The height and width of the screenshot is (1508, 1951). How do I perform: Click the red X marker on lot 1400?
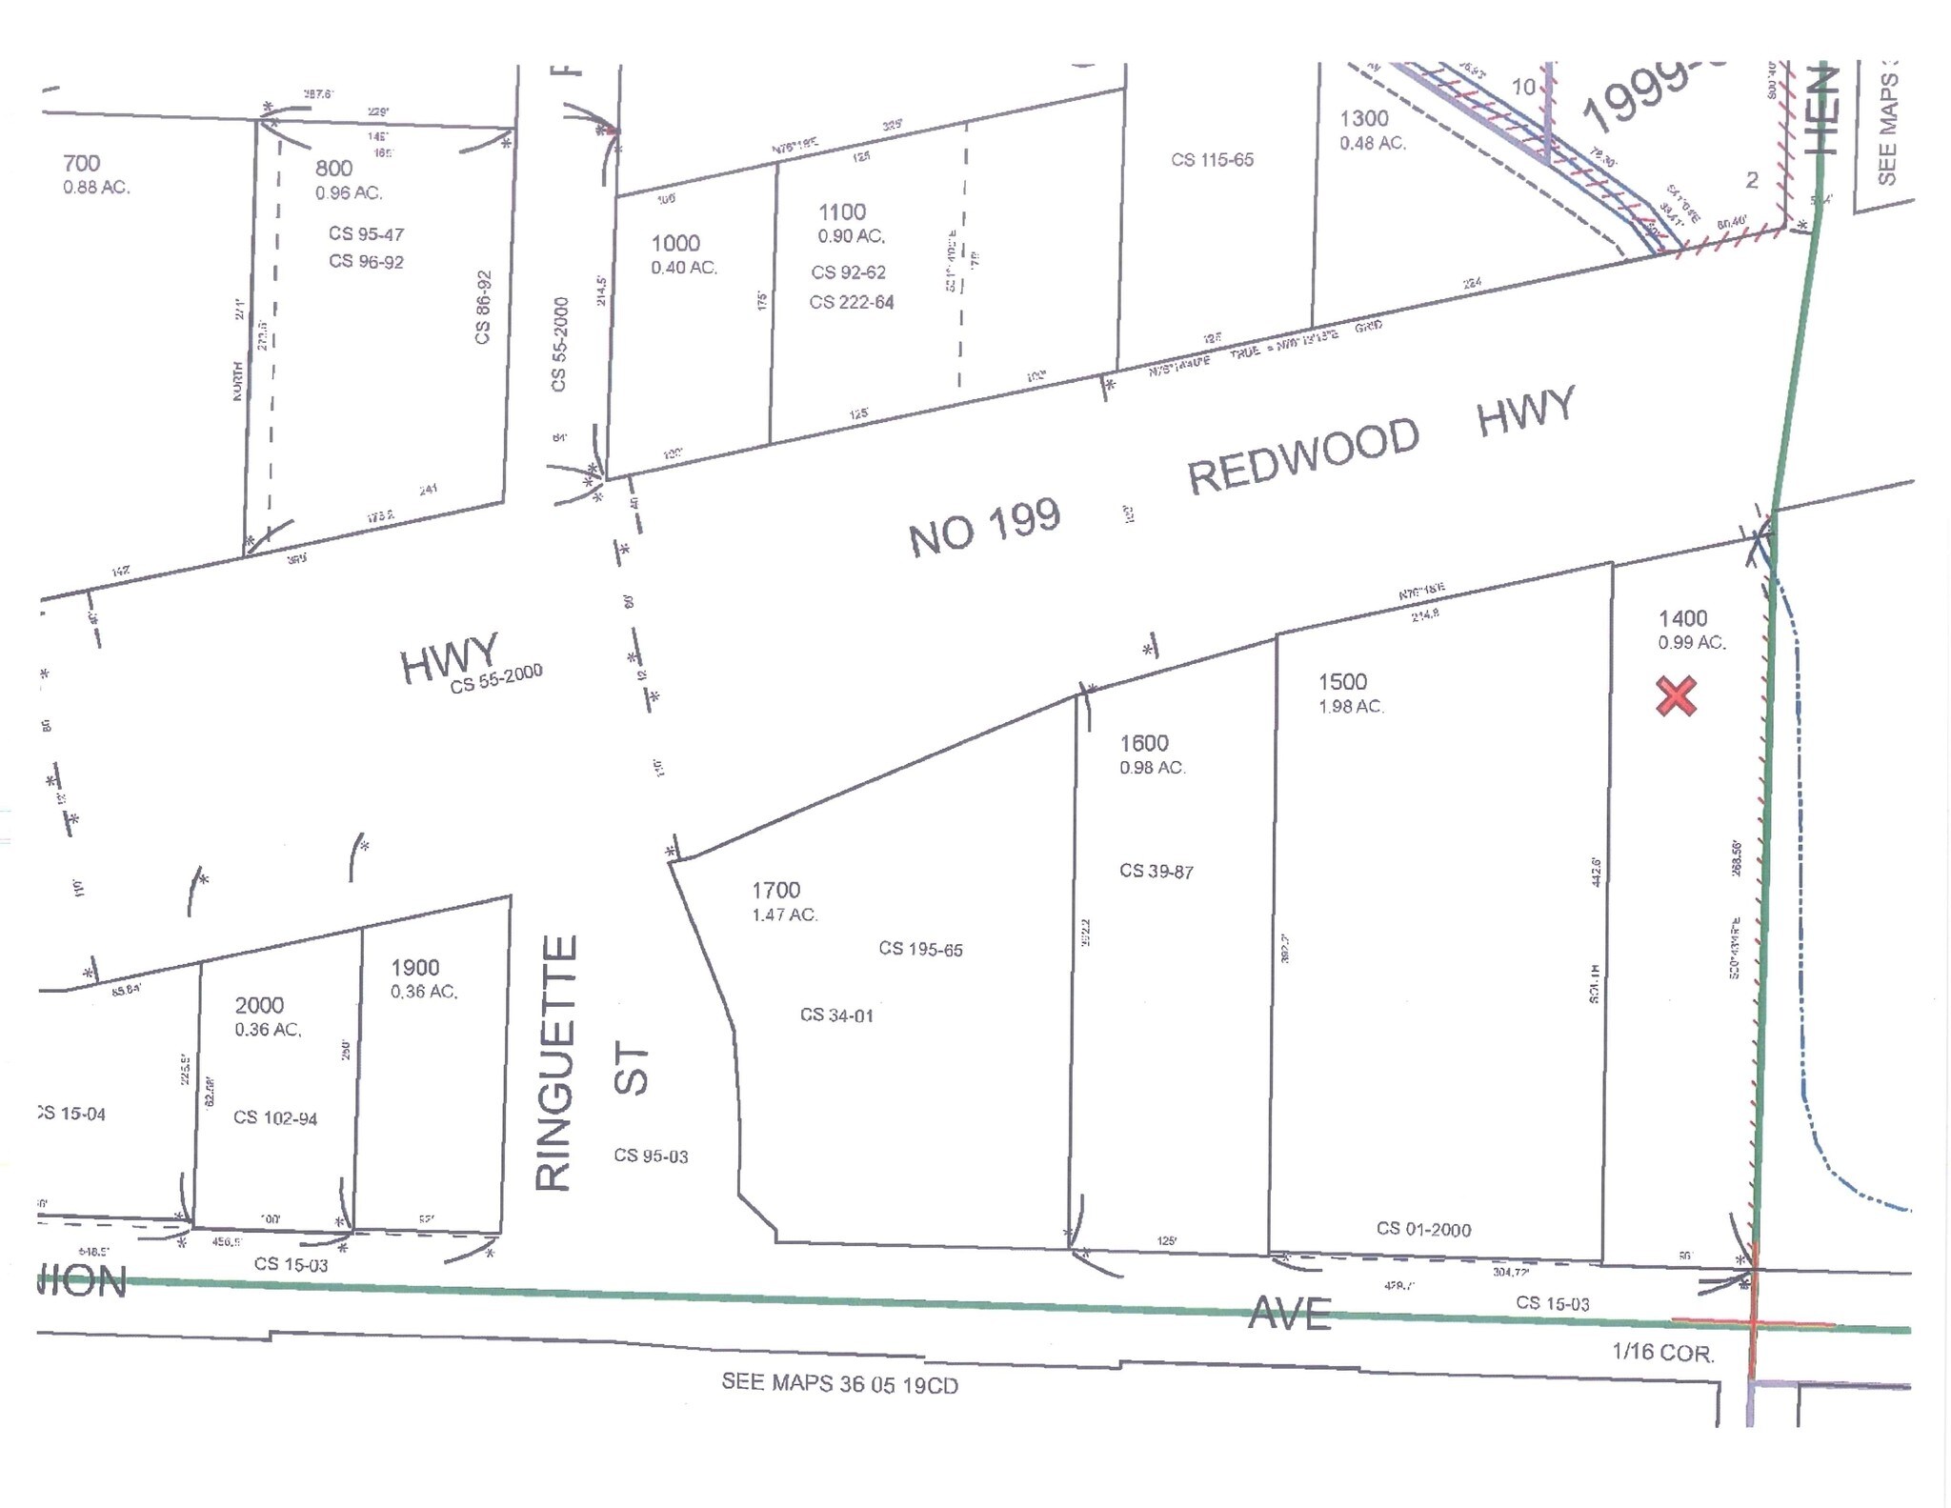pyautogui.click(x=1676, y=695)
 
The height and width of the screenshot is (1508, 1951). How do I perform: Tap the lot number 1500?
pyautogui.click(x=1342, y=681)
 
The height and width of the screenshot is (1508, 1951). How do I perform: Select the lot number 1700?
pyautogui.click(x=775, y=890)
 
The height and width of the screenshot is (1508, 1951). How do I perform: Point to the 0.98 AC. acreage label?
pyautogui.click(x=1153, y=768)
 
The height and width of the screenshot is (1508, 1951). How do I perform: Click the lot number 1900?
pyautogui.click(x=414, y=968)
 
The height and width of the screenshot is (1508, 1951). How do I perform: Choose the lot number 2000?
pyautogui.click(x=259, y=1005)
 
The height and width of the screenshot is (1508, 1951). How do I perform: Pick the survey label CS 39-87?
pyautogui.click(x=1156, y=871)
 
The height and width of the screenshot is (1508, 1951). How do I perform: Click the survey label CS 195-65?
pyautogui.click(x=920, y=949)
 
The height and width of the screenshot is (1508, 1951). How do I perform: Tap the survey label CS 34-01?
pyautogui.click(x=836, y=1015)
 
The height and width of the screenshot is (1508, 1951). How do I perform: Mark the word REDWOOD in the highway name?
pyautogui.click(x=1303, y=459)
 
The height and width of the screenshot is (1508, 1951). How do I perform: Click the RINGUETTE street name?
pyautogui.click(x=556, y=1062)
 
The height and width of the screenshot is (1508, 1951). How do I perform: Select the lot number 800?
pyautogui.click(x=333, y=169)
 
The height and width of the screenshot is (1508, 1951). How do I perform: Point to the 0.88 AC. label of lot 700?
pyautogui.click(x=96, y=188)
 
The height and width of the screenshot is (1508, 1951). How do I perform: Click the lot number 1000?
pyautogui.click(x=675, y=243)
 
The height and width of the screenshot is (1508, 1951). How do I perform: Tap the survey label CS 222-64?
pyautogui.click(x=852, y=302)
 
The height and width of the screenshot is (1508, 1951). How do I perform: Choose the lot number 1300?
pyautogui.click(x=1364, y=119)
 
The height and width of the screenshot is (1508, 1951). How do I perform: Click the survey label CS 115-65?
pyautogui.click(x=1212, y=160)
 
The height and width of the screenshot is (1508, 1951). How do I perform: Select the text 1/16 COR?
pyautogui.click(x=1662, y=1352)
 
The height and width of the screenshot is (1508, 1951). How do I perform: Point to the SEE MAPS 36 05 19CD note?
pyautogui.click(x=839, y=1383)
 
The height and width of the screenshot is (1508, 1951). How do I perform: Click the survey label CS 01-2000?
pyautogui.click(x=1423, y=1229)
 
